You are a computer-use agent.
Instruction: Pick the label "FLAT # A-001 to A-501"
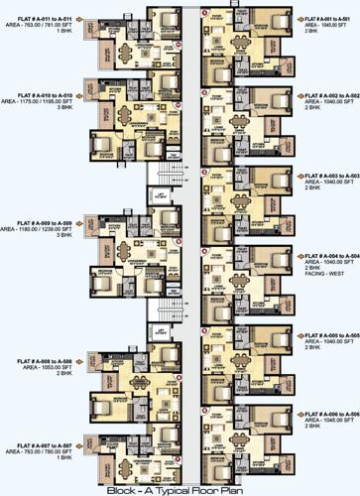pyautogui.click(x=329, y=19)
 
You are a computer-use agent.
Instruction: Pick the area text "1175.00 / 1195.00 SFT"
pyautogui.click(x=47, y=102)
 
